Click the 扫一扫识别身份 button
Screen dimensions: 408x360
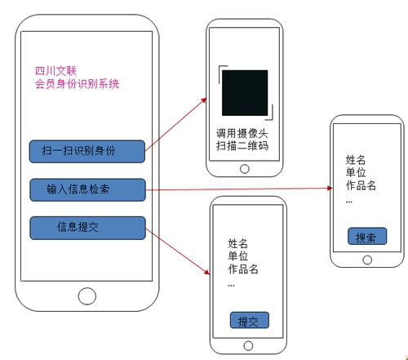(x=87, y=151)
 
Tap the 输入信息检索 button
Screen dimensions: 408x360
(x=87, y=189)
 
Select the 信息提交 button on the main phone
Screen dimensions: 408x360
(x=87, y=228)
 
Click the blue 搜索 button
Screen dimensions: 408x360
(x=367, y=236)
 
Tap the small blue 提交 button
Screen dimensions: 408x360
(x=250, y=320)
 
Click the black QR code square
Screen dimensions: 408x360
(x=245, y=93)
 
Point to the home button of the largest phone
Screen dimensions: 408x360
(x=87, y=296)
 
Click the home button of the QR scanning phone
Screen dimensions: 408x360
(x=245, y=169)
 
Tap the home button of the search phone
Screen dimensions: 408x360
(x=367, y=260)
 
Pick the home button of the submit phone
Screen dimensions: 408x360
(x=248, y=346)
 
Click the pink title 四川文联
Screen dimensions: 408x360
(x=55, y=71)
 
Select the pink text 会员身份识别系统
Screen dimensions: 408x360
(x=77, y=84)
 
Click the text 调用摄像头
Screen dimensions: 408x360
(x=242, y=134)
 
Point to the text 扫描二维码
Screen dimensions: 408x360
(x=242, y=145)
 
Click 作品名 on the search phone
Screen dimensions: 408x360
(x=361, y=185)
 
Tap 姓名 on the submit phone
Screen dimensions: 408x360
(x=237, y=243)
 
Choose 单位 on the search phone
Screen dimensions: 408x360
(x=356, y=172)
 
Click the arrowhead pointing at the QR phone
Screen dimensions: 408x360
(x=204, y=100)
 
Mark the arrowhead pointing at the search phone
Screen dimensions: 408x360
(x=330, y=188)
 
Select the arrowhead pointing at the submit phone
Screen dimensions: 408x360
(x=207, y=272)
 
